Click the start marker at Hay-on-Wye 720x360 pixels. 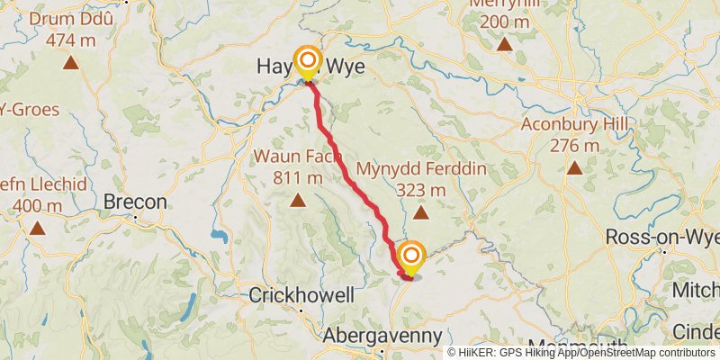click(x=308, y=62)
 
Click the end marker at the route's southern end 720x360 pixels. click(x=411, y=256)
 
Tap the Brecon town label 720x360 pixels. click(x=136, y=202)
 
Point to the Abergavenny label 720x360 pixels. click(x=383, y=336)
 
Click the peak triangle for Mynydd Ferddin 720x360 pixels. click(x=421, y=212)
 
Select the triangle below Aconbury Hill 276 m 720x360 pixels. click(x=574, y=167)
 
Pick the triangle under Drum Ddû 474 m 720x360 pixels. click(x=69, y=63)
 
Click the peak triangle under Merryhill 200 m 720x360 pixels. click(x=504, y=43)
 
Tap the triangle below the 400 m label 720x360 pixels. click(x=37, y=228)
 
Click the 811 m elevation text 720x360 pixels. click(x=297, y=176)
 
